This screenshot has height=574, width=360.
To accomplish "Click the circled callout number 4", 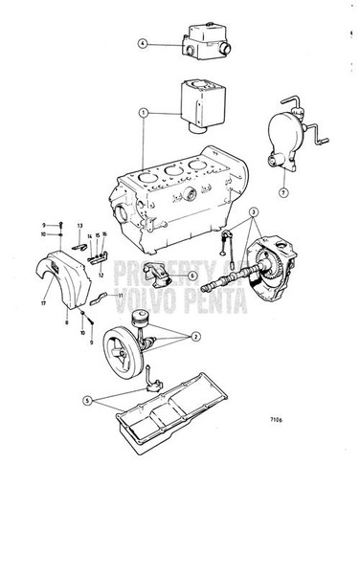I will click(x=142, y=43).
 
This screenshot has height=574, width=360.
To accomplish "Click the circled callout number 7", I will click(x=281, y=193).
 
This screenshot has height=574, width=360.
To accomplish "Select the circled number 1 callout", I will click(x=143, y=112).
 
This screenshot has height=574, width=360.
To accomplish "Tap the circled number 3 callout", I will click(x=253, y=211).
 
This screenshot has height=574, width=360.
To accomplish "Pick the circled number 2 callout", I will click(x=196, y=338).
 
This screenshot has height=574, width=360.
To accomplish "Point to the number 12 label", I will click(x=100, y=274).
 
